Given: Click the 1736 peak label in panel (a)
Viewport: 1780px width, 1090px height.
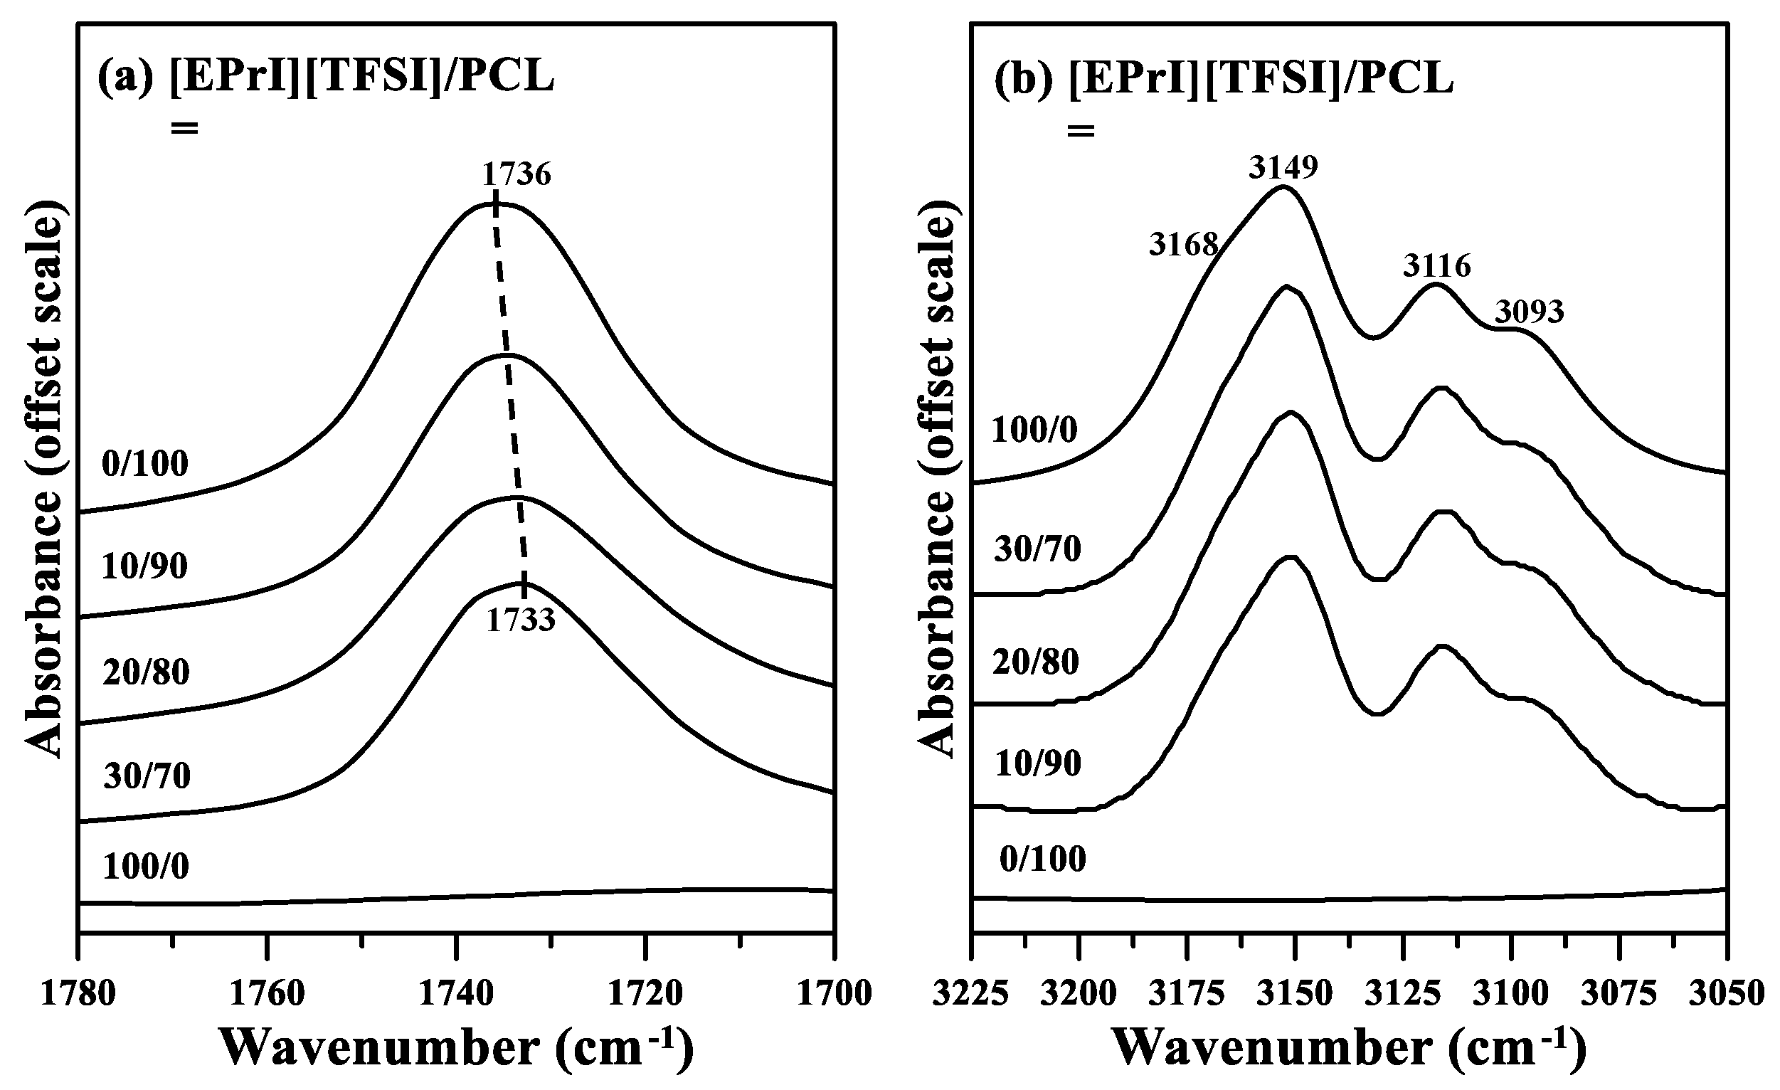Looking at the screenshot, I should tap(516, 174).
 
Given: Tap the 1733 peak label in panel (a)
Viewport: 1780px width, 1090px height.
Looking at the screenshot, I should tap(520, 620).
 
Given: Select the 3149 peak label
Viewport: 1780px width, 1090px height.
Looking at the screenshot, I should tap(1283, 167).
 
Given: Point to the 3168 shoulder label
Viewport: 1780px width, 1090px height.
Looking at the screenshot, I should tap(1184, 245).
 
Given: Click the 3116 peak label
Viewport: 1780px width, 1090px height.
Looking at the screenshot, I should tap(1437, 266).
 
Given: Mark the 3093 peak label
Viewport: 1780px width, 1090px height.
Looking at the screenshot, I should tap(1530, 312).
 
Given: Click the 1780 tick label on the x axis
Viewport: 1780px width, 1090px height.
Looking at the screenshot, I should tap(78, 994).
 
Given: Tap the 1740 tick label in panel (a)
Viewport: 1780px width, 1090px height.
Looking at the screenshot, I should tap(456, 994).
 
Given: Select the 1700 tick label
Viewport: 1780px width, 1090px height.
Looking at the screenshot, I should tap(835, 994).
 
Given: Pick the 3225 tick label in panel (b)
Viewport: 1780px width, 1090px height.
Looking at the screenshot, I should tap(971, 994).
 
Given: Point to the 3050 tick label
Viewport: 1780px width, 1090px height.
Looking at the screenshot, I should tap(1727, 994).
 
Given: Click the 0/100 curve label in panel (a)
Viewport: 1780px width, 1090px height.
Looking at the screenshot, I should tap(145, 463).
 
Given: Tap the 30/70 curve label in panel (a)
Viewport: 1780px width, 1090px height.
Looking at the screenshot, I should tap(147, 776).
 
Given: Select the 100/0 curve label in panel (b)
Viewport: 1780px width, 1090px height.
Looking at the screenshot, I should tap(1034, 430).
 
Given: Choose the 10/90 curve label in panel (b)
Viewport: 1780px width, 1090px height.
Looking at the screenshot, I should tap(1038, 763).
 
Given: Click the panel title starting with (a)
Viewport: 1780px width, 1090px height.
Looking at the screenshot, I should tap(326, 77).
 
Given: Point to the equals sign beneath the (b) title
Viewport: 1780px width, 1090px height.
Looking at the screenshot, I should tap(1081, 132).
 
